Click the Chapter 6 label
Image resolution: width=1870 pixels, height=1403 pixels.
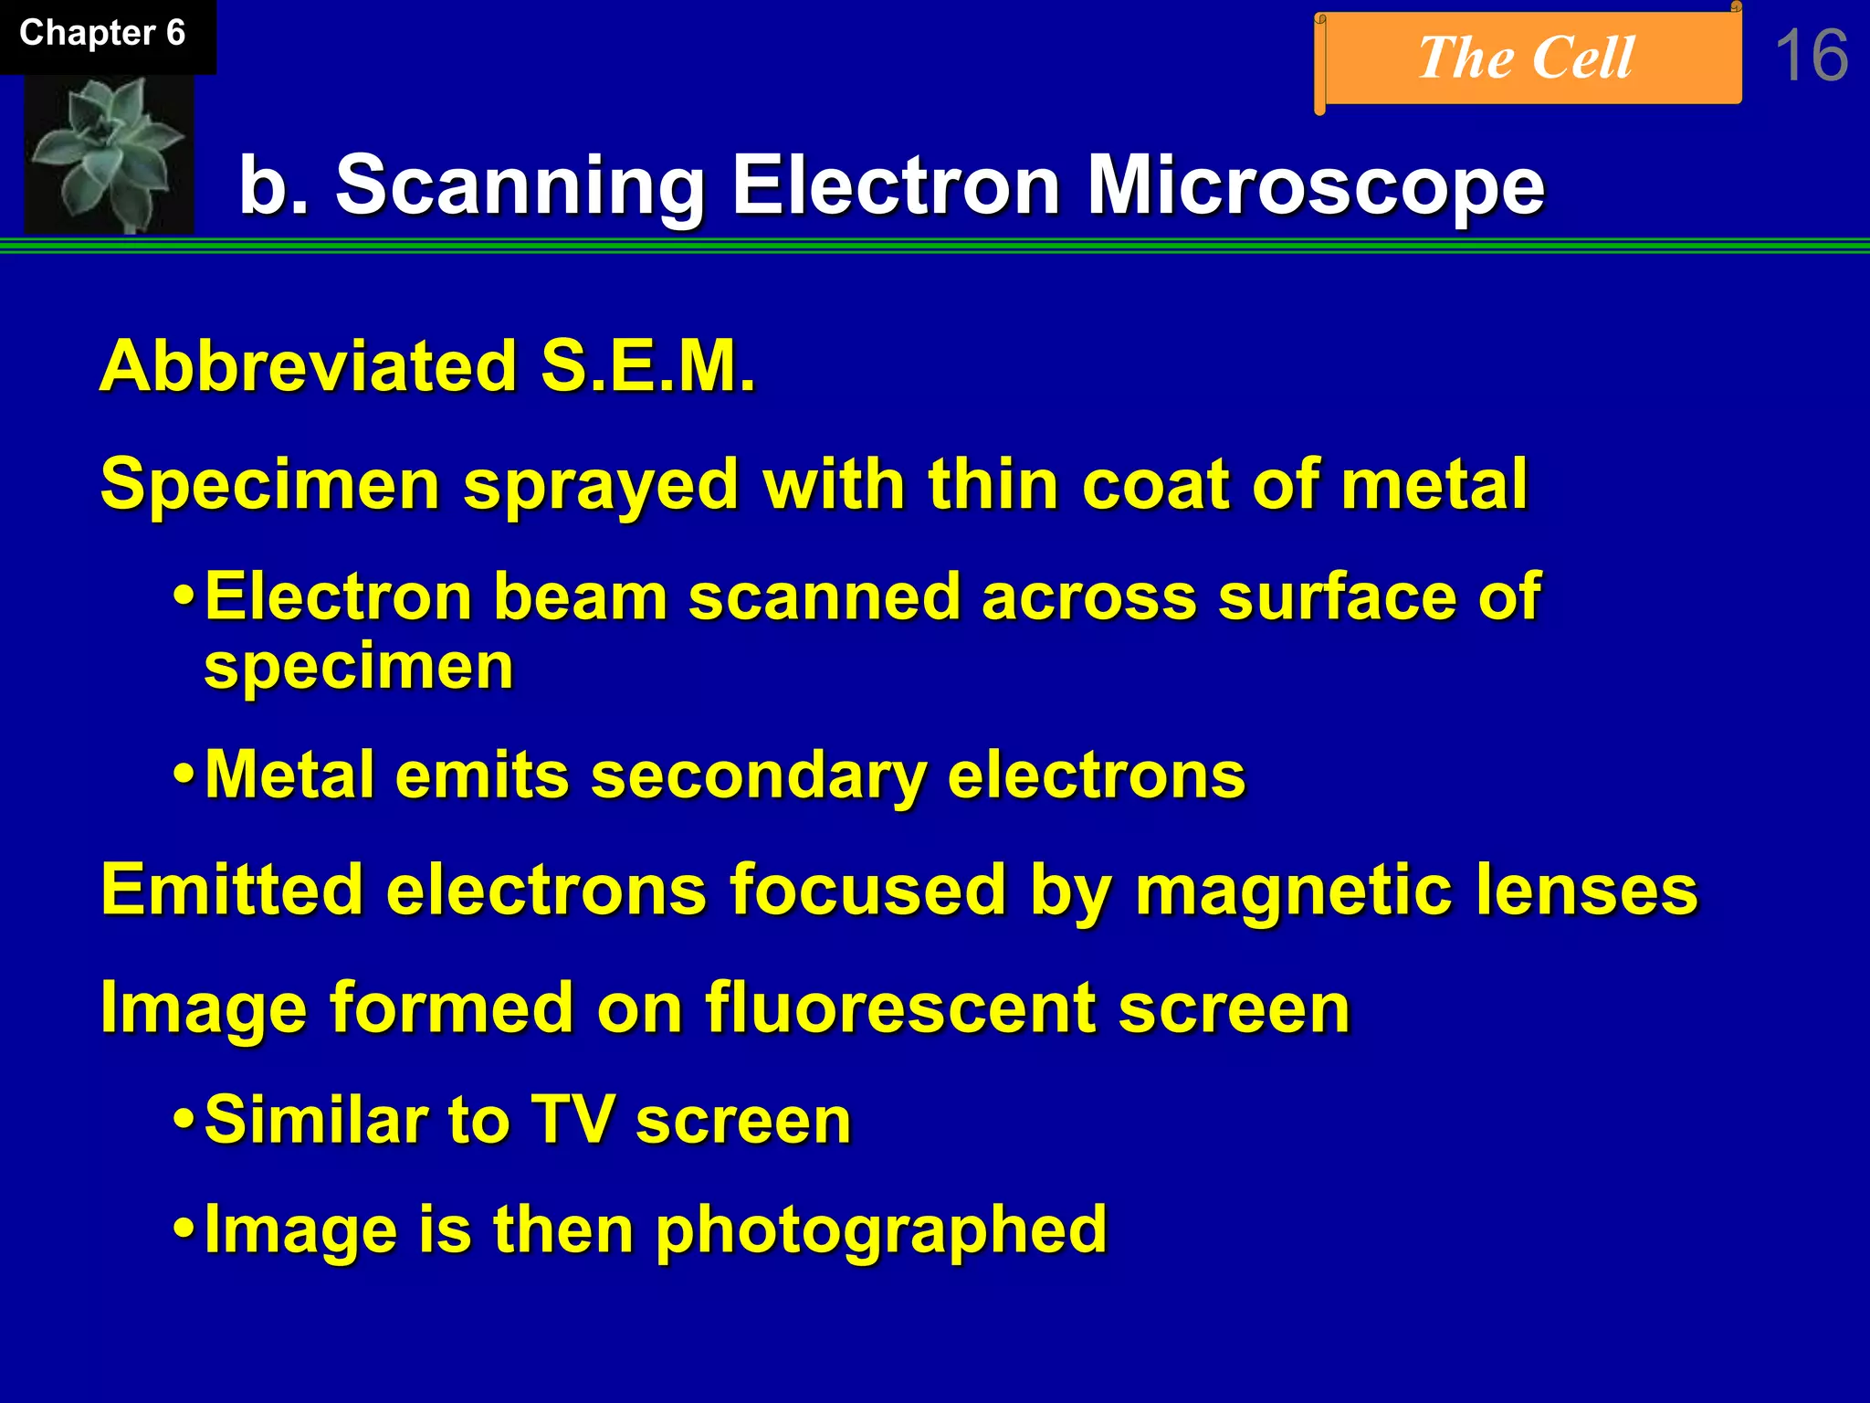point(102,34)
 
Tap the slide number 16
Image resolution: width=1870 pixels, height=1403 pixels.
point(1811,57)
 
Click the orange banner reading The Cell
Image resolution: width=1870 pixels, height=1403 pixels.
point(1527,58)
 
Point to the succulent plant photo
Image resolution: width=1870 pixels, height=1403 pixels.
point(109,153)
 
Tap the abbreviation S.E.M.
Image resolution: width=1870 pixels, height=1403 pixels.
point(647,366)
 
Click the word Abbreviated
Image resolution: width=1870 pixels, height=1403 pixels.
point(309,366)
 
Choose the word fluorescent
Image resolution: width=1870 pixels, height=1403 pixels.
point(900,1008)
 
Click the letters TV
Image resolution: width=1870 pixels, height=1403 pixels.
point(573,1120)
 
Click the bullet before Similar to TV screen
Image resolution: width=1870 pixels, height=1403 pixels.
point(184,1121)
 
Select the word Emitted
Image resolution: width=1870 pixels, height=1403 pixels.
point(232,890)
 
